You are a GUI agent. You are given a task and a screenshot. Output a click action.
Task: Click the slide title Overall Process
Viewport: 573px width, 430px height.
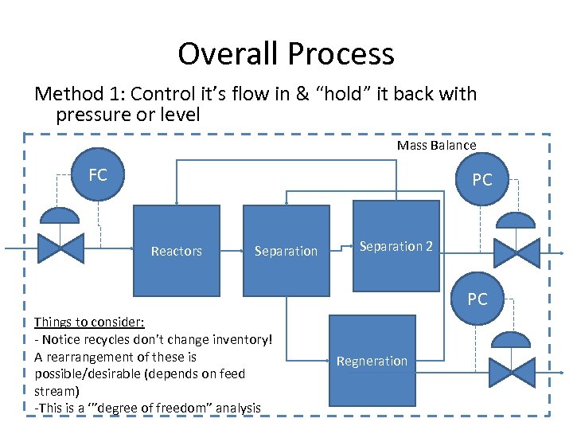click(x=286, y=54)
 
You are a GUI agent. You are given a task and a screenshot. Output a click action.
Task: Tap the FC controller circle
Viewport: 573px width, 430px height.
click(x=98, y=175)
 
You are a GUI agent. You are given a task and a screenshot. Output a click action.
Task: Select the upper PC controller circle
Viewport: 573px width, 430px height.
click(x=482, y=180)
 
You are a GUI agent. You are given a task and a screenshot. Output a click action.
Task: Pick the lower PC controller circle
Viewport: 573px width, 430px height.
click(x=477, y=299)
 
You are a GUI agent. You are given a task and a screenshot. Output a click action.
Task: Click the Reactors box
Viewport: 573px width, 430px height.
click(x=176, y=251)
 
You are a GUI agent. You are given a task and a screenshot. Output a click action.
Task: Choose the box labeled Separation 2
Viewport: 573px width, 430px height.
click(x=396, y=246)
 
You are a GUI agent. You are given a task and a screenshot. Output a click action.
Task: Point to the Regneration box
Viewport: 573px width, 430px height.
click(x=372, y=361)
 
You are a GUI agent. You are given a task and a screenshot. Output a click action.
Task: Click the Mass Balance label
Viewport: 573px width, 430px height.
click(x=436, y=145)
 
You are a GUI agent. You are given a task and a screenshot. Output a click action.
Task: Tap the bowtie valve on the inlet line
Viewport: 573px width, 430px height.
click(x=61, y=249)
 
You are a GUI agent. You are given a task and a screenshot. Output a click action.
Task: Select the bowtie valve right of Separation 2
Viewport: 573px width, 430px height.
click(x=516, y=252)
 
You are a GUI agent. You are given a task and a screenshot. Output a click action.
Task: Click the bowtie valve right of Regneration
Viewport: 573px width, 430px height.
click(x=512, y=372)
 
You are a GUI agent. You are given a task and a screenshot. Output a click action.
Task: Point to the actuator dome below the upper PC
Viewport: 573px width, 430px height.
click(x=516, y=221)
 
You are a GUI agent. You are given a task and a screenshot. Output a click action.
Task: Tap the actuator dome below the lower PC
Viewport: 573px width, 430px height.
click(x=512, y=340)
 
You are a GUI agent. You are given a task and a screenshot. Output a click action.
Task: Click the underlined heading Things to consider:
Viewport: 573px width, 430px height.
click(x=89, y=322)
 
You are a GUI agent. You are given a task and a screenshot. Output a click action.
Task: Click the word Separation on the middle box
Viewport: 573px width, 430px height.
click(x=286, y=252)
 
